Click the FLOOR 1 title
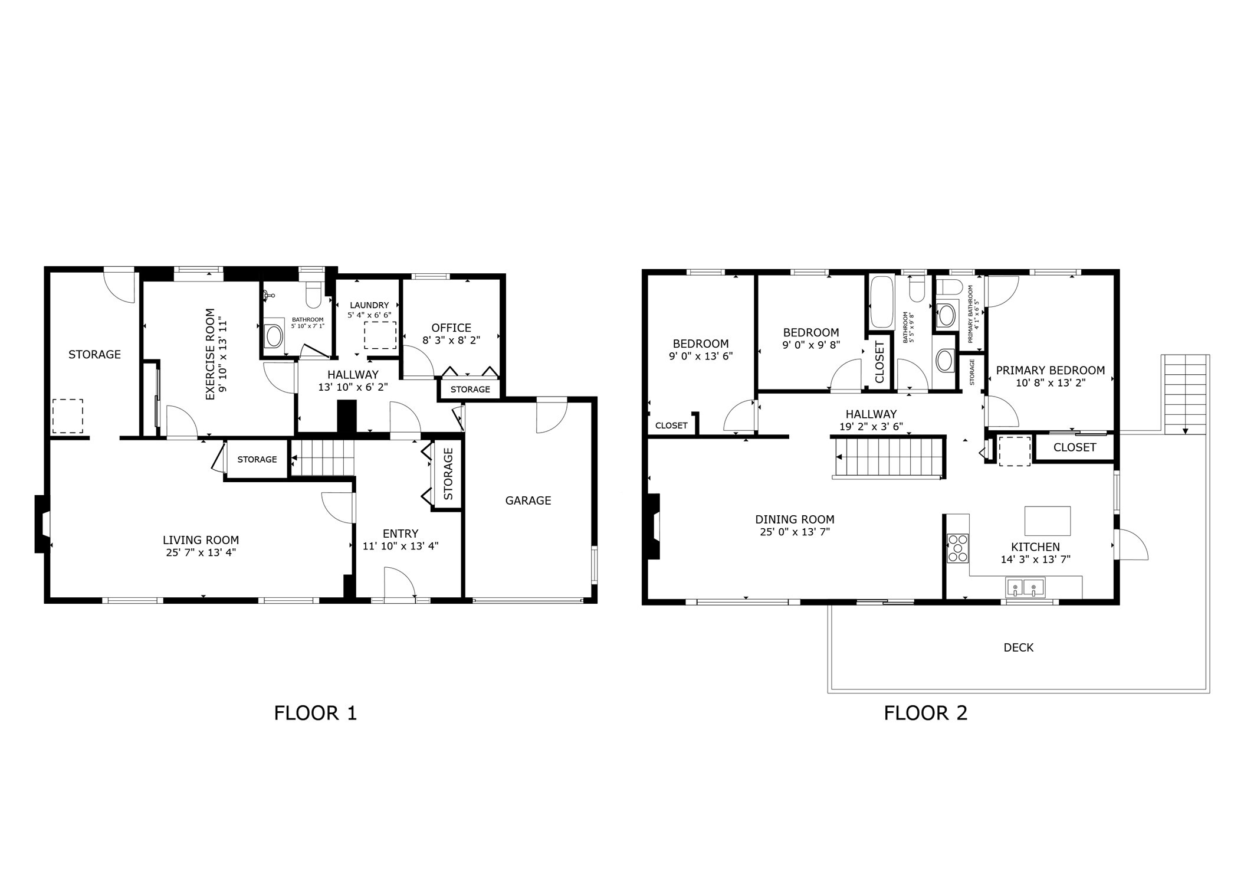coord(315,713)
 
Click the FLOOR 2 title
coord(925,713)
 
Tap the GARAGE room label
coord(528,500)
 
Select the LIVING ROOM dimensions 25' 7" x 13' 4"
coord(201,553)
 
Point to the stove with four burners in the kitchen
coord(957,548)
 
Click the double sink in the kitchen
coord(1025,587)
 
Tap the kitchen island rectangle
coord(1047,521)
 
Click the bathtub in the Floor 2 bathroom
coord(881,302)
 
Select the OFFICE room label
coord(451,328)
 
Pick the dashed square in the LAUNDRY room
coord(380,335)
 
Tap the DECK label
coord(1018,647)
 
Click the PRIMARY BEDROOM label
coord(1050,371)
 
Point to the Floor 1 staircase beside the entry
coord(323,459)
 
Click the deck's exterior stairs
coord(1185,394)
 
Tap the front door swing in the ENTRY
coord(400,583)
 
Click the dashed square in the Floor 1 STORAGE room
coord(68,416)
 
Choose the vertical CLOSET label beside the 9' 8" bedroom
coord(879,362)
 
